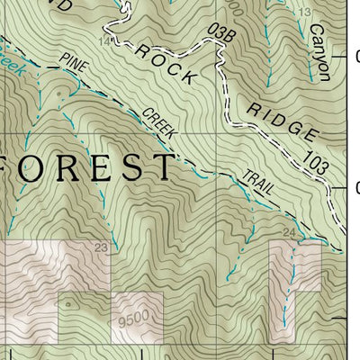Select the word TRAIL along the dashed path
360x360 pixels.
258,183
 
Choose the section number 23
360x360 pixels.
100,246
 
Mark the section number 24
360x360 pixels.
289,233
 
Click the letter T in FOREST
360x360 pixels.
162,167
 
